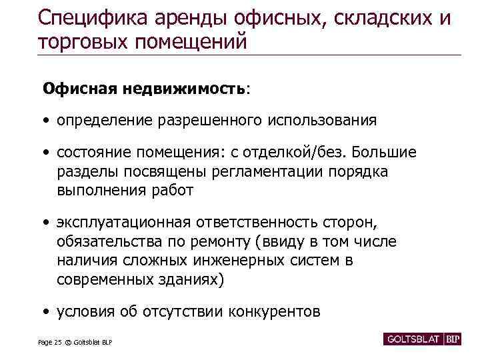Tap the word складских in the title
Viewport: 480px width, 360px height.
372,18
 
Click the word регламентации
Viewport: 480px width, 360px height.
267,172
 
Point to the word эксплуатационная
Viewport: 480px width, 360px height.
123,222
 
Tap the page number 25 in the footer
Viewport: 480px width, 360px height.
57,343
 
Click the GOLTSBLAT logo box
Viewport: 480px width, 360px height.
413,339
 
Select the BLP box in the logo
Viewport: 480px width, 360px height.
453,339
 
